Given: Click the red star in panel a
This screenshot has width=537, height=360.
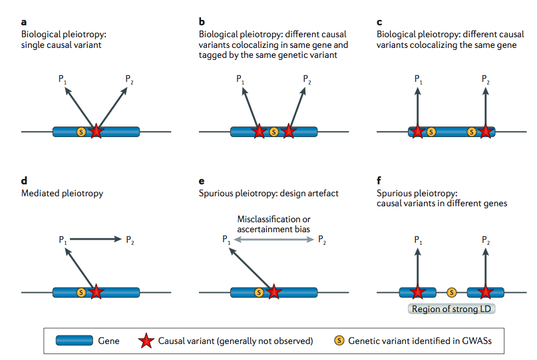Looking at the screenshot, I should coord(96,131).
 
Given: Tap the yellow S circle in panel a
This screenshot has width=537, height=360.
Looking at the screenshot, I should coord(81,131).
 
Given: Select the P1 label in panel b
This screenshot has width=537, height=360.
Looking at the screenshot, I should coord(240,79).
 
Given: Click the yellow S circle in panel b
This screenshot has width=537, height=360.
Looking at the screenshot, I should coord(273,131).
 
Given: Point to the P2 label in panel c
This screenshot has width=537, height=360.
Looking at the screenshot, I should coord(486,79).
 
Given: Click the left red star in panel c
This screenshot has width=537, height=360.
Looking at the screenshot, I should coord(417,131).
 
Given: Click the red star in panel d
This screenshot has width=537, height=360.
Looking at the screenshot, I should coord(96,291).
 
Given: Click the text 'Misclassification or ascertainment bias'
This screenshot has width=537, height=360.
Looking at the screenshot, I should coord(273,224).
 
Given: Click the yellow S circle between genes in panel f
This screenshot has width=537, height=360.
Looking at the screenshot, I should coord(452,291).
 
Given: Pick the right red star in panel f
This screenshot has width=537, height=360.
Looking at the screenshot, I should coord(486,291).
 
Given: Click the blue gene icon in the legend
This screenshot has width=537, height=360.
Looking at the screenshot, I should coord(74,341).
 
